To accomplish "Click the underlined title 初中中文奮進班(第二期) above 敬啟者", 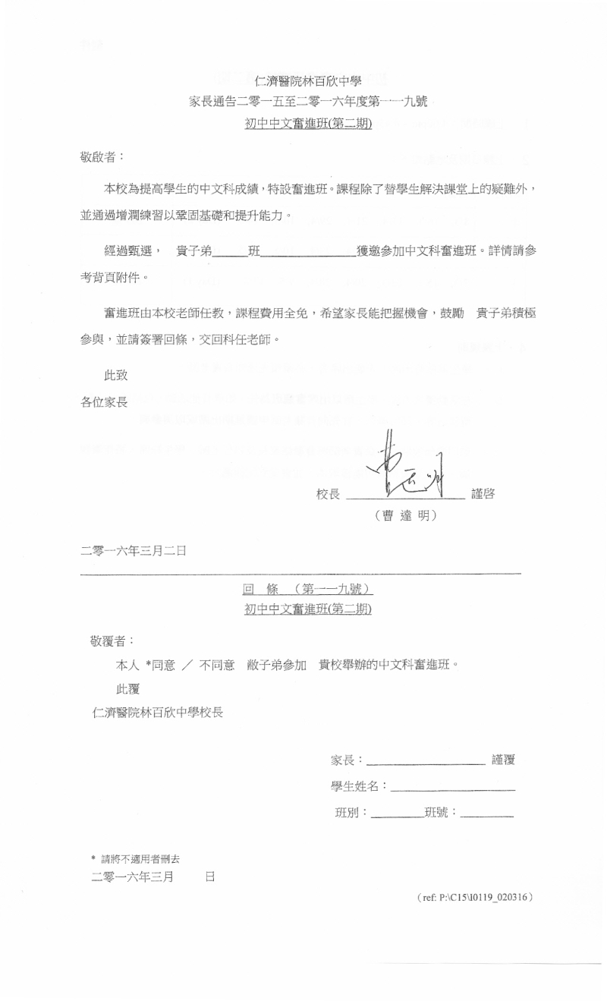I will coord(308,124).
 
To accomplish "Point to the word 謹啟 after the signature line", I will coord(483,494).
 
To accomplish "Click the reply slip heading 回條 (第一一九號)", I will coord(308,589).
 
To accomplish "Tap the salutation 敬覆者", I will coord(112,641).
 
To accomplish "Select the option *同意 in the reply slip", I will coord(161,665).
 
